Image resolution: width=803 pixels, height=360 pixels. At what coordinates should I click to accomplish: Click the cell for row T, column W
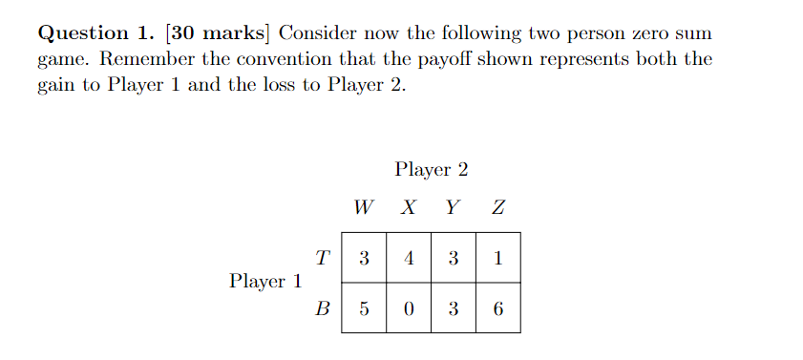(x=364, y=258)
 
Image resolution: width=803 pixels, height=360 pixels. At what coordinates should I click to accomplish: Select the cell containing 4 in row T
(x=409, y=258)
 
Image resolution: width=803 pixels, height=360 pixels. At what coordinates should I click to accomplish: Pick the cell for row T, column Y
(x=454, y=258)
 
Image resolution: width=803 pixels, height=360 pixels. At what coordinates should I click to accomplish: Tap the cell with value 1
(x=498, y=258)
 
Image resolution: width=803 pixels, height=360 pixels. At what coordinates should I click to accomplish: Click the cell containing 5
(x=364, y=308)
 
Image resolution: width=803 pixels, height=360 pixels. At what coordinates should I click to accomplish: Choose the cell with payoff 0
(x=409, y=308)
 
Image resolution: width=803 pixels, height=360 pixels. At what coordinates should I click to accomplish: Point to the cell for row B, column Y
(x=454, y=308)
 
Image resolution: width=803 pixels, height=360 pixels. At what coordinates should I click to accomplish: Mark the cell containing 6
(x=498, y=308)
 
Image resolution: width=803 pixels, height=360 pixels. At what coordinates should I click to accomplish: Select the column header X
(x=408, y=207)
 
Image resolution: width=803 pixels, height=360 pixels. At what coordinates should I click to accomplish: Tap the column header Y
(x=454, y=207)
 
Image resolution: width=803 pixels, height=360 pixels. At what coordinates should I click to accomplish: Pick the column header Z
(x=497, y=207)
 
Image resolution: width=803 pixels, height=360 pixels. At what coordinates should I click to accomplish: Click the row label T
(x=322, y=257)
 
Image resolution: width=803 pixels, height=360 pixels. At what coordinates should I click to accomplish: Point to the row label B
(x=322, y=308)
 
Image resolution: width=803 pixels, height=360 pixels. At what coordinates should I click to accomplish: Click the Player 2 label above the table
(x=431, y=170)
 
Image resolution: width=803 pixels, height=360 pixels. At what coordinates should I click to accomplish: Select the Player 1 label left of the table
(x=265, y=282)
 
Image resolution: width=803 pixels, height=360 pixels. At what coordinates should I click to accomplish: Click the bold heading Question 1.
(x=97, y=32)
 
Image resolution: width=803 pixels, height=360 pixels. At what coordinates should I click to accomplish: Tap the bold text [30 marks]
(x=219, y=32)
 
